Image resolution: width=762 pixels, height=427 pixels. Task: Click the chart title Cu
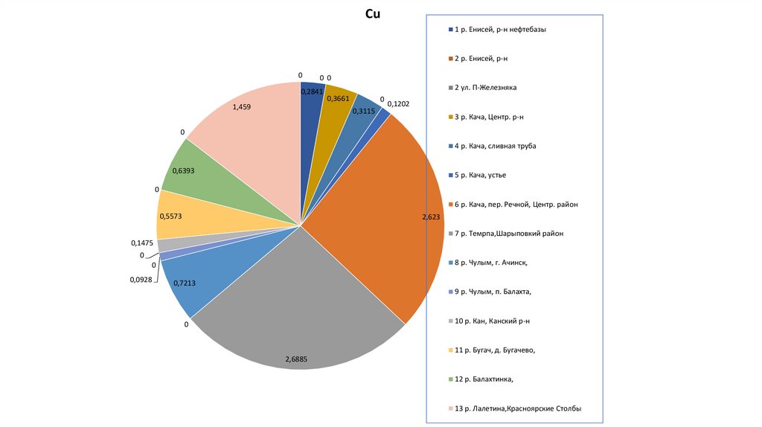pos(374,14)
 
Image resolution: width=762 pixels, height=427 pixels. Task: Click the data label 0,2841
pos(313,91)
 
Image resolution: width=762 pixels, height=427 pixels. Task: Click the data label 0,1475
pos(142,243)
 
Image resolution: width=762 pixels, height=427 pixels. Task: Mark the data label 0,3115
pos(362,111)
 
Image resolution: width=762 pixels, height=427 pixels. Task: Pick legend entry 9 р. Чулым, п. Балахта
pos(493,292)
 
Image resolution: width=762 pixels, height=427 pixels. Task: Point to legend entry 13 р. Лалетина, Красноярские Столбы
pos(517,408)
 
